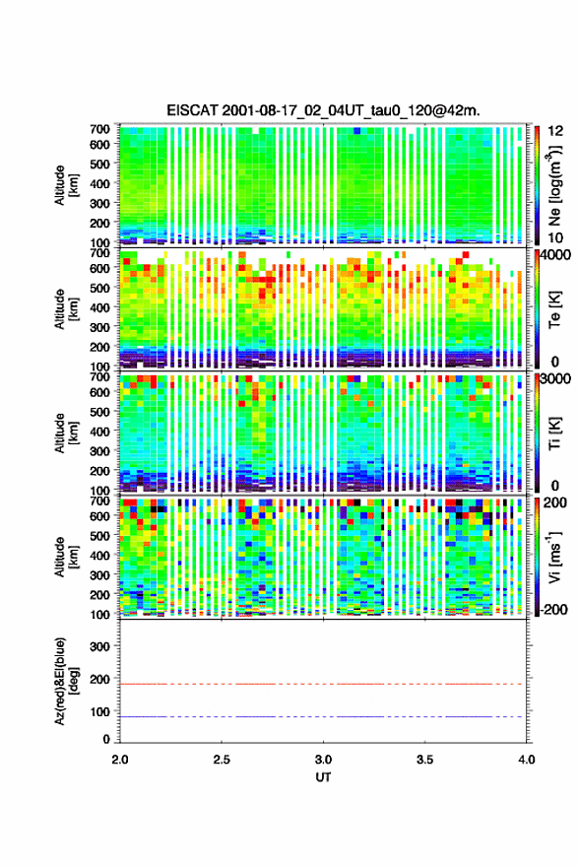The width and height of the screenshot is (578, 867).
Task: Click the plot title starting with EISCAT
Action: [x=323, y=110]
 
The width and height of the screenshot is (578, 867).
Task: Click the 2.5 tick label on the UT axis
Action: [x=222, y=760]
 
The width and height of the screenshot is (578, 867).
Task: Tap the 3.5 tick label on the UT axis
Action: [x=425, y=760]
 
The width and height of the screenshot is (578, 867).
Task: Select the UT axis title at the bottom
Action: [x=323, y=777]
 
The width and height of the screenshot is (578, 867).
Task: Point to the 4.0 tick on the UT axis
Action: [x=527, y=760]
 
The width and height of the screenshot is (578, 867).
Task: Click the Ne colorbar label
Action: [x=554, y=185]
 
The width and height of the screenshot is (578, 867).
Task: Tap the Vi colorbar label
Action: [x=554, y=557]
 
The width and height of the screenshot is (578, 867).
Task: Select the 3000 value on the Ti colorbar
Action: [x=556, y=379]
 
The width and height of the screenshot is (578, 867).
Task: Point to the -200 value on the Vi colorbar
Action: [x=554, y=609]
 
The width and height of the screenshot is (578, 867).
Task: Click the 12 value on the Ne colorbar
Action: [x=556, y=131]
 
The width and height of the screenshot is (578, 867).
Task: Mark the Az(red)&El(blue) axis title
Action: [x=66, y=681]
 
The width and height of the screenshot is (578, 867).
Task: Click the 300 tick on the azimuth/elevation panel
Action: [x=100, y=646]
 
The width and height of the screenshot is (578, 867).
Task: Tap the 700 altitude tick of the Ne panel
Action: [x=100, y=129]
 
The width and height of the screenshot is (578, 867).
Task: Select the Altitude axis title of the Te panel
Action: [x=66, y=308]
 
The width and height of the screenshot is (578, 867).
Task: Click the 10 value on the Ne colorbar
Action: [x=556, y=237]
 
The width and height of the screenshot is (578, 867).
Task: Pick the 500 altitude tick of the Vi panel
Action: [x=100, y=535]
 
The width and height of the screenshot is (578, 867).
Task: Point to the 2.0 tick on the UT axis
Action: [x=120, y=760]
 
